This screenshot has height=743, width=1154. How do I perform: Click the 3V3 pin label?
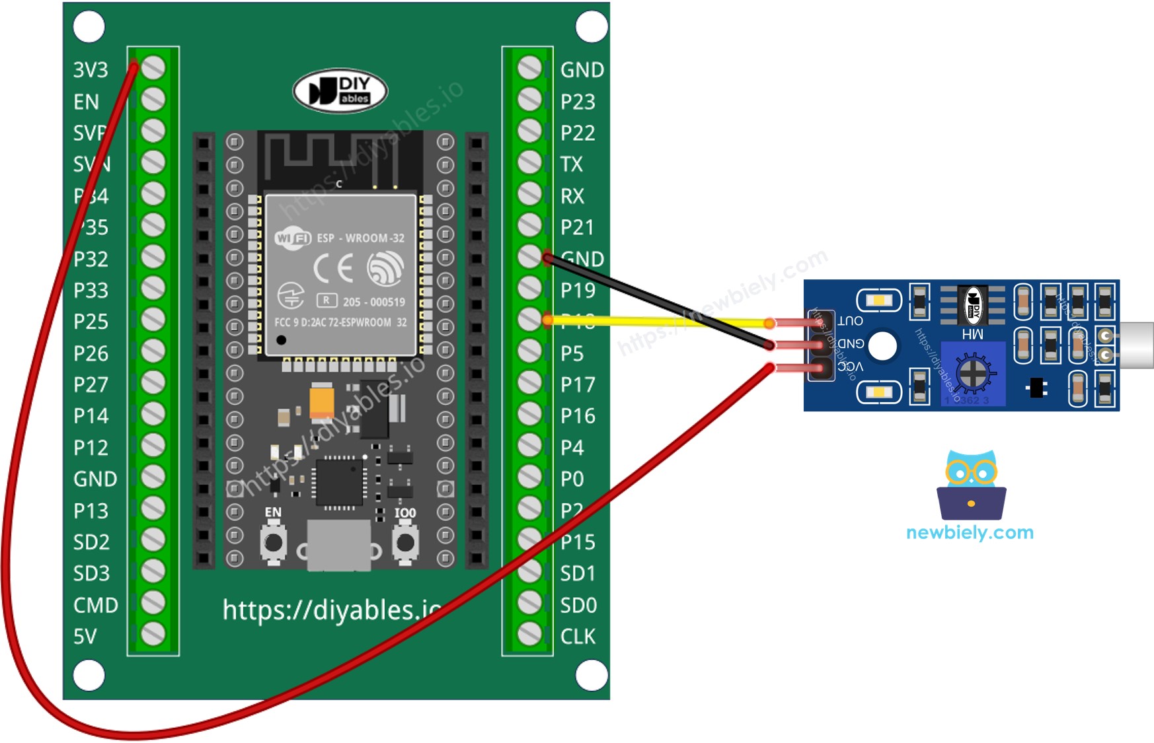click(91, 70)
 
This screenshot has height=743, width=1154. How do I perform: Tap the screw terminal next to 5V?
click(153, 634)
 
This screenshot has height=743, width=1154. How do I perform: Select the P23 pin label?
click(578, 102)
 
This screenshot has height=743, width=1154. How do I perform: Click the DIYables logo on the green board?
click(340, 91)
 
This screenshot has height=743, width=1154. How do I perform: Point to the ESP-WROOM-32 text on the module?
click(360, 238)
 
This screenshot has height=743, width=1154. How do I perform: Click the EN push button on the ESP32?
click(273, 542)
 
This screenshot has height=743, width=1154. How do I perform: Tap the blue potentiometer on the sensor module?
click(972, 373)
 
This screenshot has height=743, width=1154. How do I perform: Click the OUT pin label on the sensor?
click(850, 321)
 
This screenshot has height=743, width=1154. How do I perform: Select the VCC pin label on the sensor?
click(850, 367)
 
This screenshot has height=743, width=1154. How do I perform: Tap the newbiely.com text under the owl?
click(970, 532)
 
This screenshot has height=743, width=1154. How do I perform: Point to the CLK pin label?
click(578, 637)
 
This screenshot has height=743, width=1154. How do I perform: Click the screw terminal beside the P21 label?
click(529, 225)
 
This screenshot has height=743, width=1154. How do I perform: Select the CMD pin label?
click(96, 605)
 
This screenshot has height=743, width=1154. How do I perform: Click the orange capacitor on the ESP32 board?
click(322, 400)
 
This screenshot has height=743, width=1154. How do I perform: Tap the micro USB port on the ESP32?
click(339, 545)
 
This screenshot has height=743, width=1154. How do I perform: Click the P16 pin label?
click(578, 416)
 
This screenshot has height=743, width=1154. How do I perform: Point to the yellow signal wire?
click(661, 322)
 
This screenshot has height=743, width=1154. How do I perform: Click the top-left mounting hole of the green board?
click(89, 27)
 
